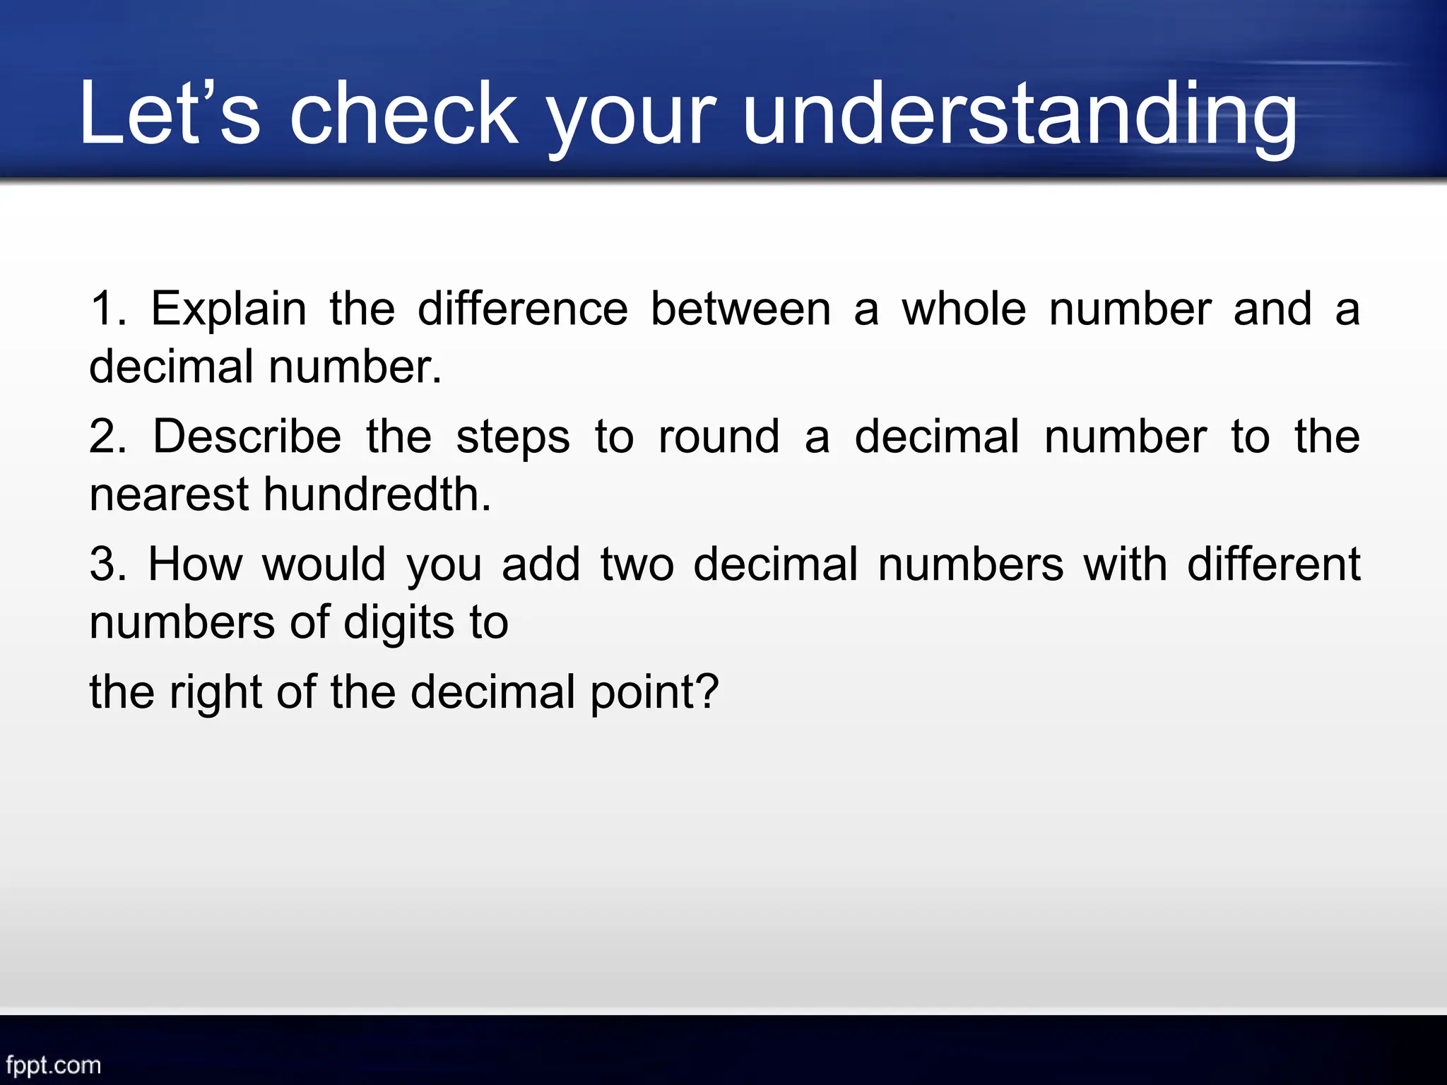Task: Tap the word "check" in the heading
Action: point(404,113)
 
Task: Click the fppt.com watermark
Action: point(53,1065)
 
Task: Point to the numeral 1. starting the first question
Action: point(107,309)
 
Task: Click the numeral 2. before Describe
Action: point(107,437)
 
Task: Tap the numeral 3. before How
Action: point(107,564)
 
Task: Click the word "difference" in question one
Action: point(522,309)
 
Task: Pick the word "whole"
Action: point(964,309)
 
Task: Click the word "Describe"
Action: point(247,437)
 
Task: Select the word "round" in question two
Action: point(719,437)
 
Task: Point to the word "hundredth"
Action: point(377,494)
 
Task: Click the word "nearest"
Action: point(169,495)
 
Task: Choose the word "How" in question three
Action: point(195,564)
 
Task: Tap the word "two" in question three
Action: point(637,566)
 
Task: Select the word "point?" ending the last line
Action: point(654,693)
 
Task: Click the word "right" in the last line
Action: point(215,693)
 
